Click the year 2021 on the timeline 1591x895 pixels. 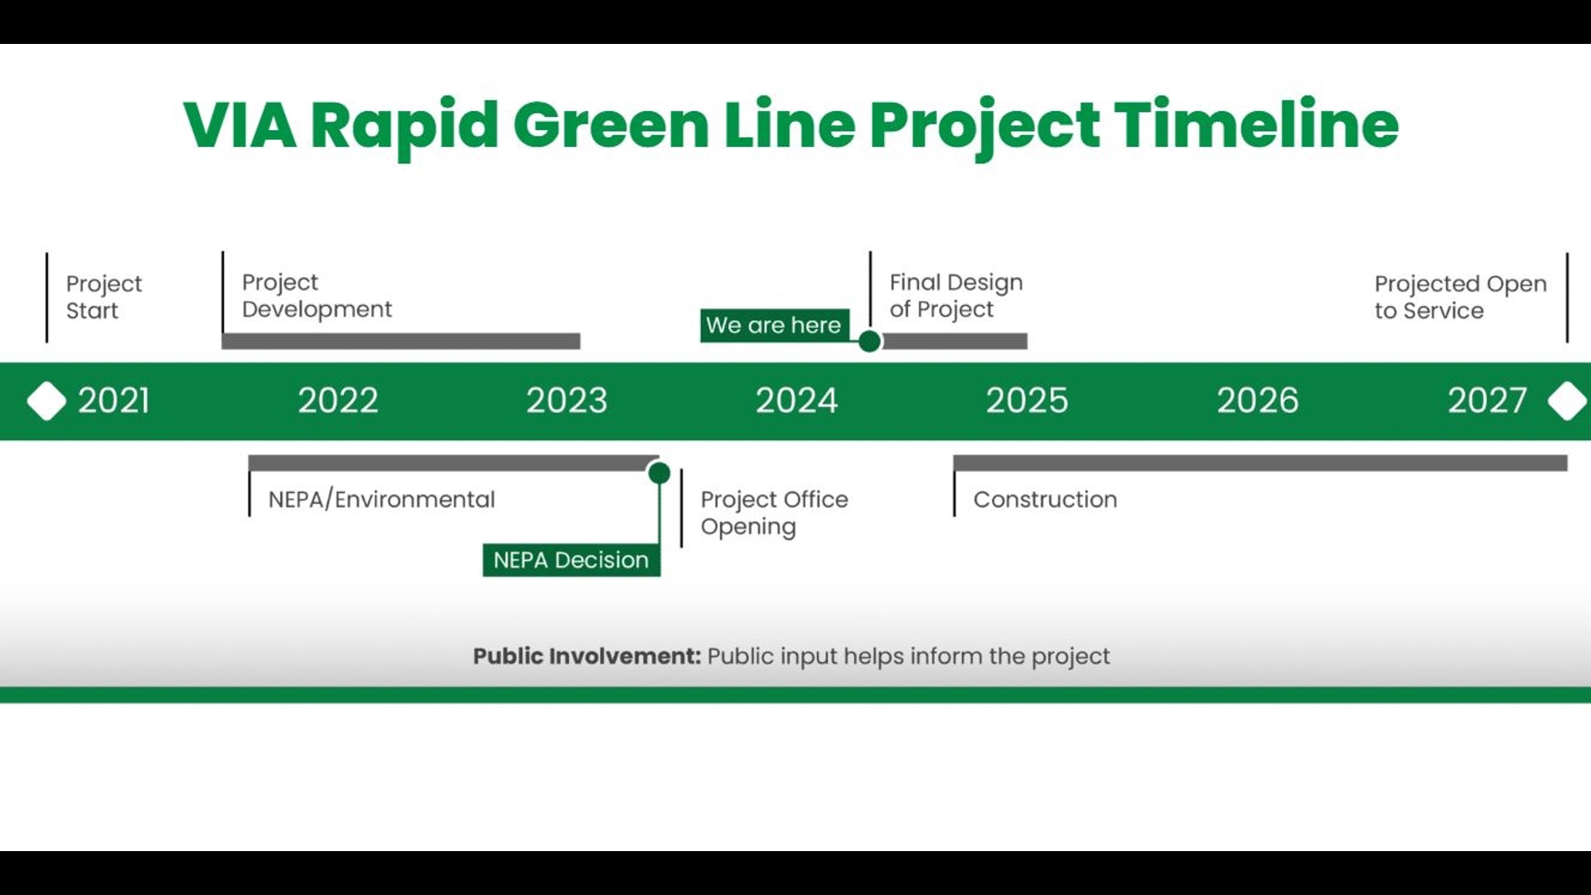click(x=114, y=401)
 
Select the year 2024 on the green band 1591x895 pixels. click(x=796, y=401)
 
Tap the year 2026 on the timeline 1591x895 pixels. click(x=1257, y=401)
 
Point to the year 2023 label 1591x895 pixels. click(x=567, y=401)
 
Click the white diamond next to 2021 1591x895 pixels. click(x=46, y=401)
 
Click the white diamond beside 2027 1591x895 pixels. click(x=1567, y=401)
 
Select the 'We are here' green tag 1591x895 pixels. click(x=774, y=325)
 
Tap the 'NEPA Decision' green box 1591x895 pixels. click(x=571, y=560)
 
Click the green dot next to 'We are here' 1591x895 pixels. click(x=869, y=341)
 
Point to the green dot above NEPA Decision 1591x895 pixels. click(x=659, y=473)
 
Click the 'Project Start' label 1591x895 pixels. click(x=104, y=297)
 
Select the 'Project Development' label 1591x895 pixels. click(x=317, y=296)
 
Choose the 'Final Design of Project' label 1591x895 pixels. click(x=955, y=296)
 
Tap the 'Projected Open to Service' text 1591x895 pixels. click(x=1460, y=297)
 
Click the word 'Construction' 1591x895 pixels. click(x=1045, y=500)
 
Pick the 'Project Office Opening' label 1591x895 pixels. click(x=774, y=513)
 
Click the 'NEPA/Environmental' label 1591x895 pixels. click(x=381, y=500)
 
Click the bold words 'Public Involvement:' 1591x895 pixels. click(x=587, y=656)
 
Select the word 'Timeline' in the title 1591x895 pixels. click(x=1256, y=126)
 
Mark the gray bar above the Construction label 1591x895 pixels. click(x=1260, y=463)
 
